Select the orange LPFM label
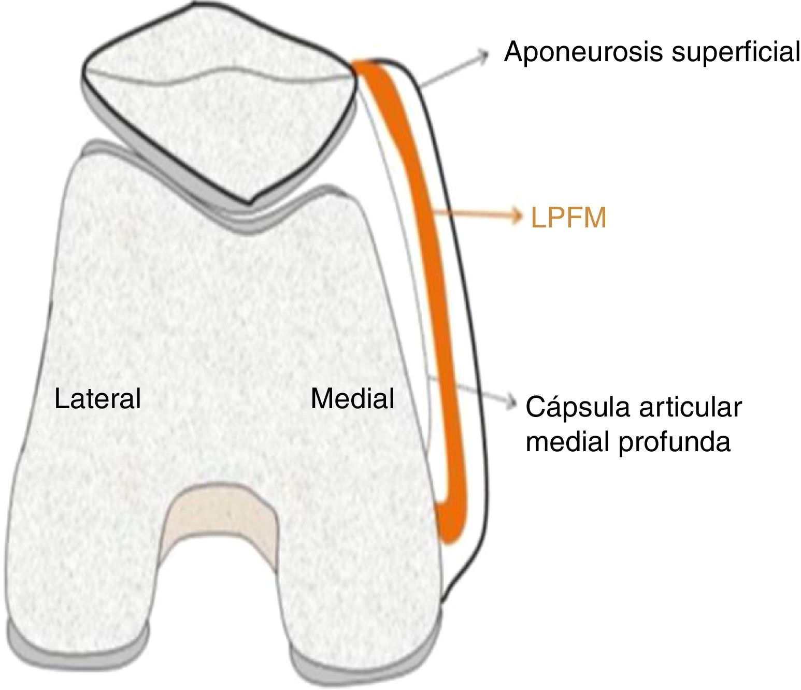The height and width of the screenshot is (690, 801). [x=568, y=218]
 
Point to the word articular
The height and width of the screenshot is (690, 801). [x=690, y=408]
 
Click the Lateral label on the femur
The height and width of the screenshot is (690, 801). [x=97, y=399]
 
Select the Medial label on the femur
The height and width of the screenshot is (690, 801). [x=352, y=399]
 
